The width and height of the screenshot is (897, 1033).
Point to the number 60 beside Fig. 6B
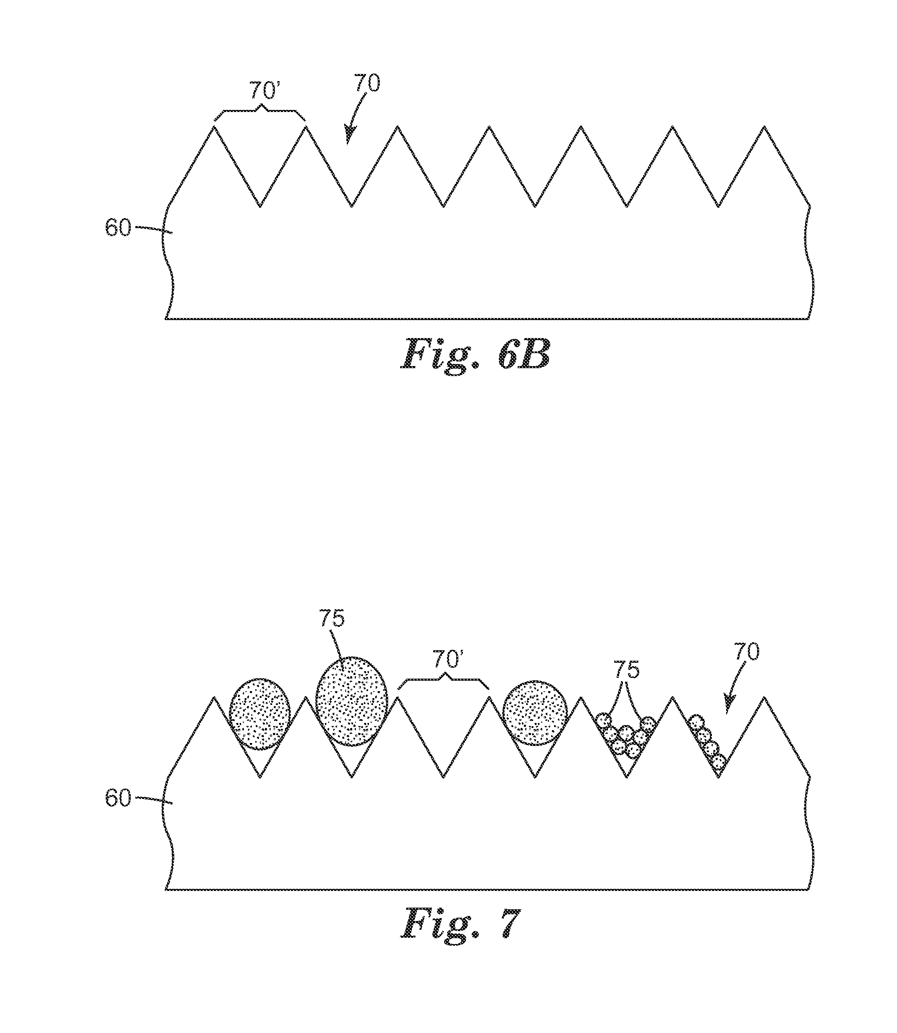[x=118, y=228]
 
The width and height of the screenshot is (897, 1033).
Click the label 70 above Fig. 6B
[x=367, y=83]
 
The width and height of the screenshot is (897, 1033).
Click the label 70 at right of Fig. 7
[x=746, y=652]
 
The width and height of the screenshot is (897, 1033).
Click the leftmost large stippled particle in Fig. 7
[x=260, y=714]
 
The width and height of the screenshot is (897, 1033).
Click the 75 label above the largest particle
[x=333, y=619]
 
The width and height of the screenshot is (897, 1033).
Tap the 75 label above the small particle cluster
[x=627, y=671]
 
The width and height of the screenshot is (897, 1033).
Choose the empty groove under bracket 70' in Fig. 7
[x=444, y=741]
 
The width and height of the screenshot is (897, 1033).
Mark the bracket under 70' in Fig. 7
[x=444, y=681]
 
